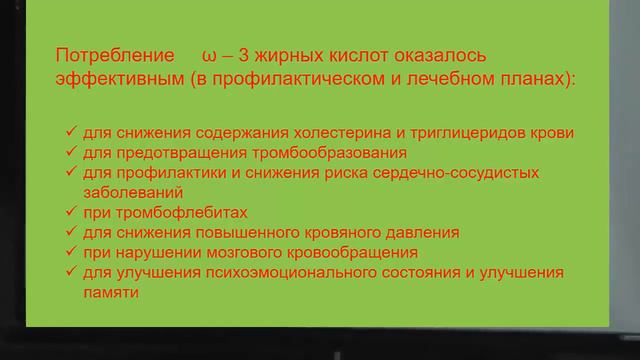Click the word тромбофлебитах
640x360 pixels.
(x=176, y=212)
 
